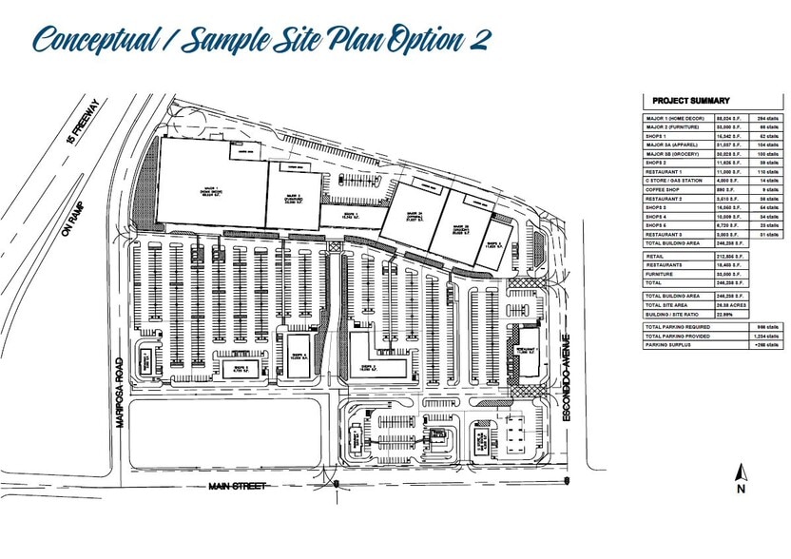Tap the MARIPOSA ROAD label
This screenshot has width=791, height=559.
[x=122, y=394]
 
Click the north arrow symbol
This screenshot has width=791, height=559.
[x=739, y=472]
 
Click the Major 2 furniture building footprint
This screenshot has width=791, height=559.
[x=292, y=198]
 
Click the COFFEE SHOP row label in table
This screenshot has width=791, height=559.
[x=662, y=188]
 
